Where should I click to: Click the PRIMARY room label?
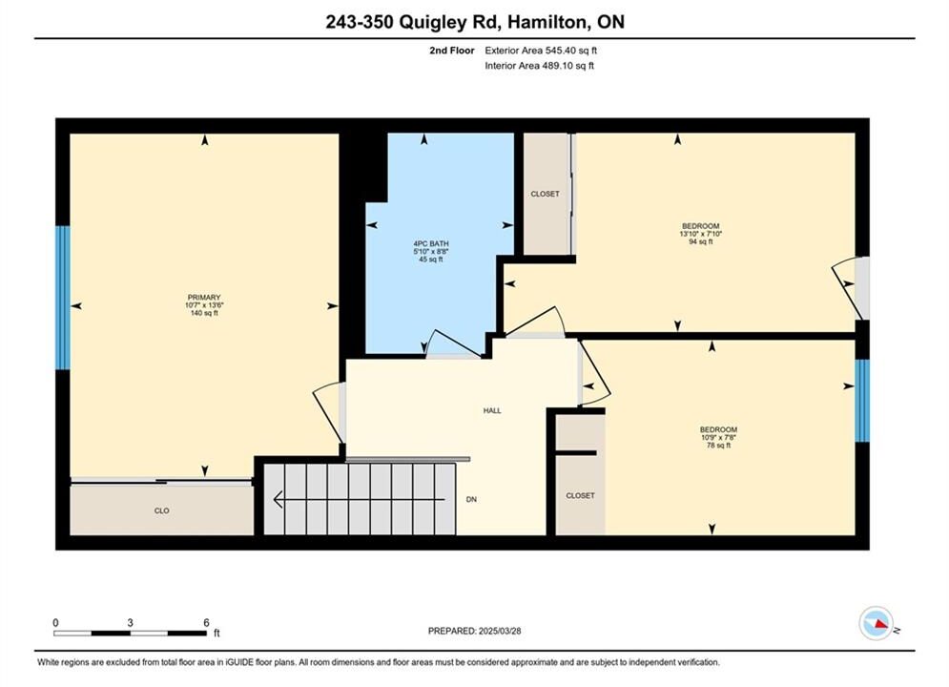204,297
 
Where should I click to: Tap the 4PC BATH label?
431,244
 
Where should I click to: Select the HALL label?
492,410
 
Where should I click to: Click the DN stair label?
471,499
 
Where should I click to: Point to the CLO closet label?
161,510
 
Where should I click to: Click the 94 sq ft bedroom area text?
701,241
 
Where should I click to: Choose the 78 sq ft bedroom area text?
718,445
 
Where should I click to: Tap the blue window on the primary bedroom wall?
63,298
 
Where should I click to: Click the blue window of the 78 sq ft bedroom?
862,401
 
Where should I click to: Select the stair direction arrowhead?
279,499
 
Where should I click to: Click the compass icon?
876,623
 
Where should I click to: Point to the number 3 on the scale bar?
130,622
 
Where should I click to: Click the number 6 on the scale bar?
206,622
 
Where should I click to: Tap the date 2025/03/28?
500,631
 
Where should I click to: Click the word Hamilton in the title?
547,22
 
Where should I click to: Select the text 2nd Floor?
452,51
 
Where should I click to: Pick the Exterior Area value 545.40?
563,51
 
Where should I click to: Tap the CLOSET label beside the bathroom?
545,194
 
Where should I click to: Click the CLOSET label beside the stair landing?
581,495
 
